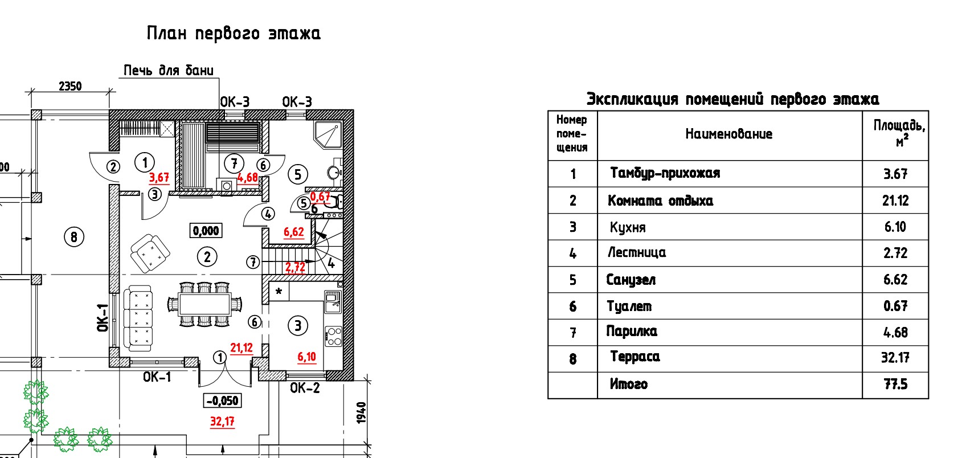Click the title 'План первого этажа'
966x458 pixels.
click(x=234, y=33)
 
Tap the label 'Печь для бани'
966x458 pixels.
click(x=169, y=71)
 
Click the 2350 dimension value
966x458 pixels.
click(x=70, y=86)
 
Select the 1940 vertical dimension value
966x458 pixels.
click(x=362, y=412)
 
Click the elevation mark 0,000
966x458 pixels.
click(x=206, y=231)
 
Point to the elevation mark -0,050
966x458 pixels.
click(x=222, y=400)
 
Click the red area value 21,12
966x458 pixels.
click(x=241, y=347)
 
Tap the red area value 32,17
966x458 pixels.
click(x=222, y=422)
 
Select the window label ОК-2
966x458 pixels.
click(x=305, y=388)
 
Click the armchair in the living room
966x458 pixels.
click(x=150, y=253)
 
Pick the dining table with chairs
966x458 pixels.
click(x=204, y=304)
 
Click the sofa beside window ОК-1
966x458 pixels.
click(x=138, y=319)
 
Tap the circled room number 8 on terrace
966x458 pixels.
click(x=73, y=236)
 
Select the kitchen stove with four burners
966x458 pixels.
click(x=333, y=336)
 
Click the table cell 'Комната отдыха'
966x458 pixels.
click(x=660, y=201)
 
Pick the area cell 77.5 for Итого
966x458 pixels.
click(x=895, y=385)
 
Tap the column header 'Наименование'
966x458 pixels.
click(x=728, y=134)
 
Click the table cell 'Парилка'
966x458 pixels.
click(x=632, y=332)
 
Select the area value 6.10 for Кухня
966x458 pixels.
click(x=895, y=227)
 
